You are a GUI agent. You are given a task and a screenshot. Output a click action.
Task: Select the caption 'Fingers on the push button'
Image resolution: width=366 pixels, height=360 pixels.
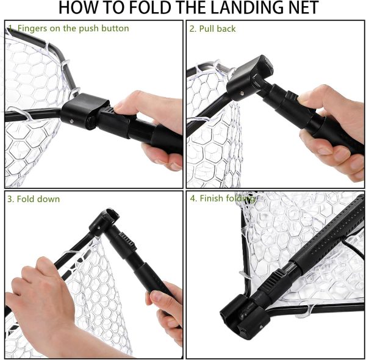coord(73,29)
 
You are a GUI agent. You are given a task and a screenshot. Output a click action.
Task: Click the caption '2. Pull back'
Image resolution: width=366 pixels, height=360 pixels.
coord(212,29)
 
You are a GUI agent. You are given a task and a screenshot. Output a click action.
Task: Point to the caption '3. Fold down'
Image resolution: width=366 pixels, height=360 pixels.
coord(34,199)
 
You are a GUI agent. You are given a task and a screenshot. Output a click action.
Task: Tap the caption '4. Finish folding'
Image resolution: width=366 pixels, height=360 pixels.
coord(223,198)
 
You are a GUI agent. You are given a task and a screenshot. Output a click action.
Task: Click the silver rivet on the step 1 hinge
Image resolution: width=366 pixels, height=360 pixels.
coord(71,121)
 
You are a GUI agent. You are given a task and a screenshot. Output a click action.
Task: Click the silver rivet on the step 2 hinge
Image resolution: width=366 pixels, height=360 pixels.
coord(242,93)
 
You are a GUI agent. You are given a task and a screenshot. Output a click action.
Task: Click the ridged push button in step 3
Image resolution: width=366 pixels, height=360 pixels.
coord(127,241)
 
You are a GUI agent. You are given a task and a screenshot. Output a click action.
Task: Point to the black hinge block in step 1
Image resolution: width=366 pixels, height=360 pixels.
coord(85,112)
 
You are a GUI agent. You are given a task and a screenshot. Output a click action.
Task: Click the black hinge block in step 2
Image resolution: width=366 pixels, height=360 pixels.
coord(249,78)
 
